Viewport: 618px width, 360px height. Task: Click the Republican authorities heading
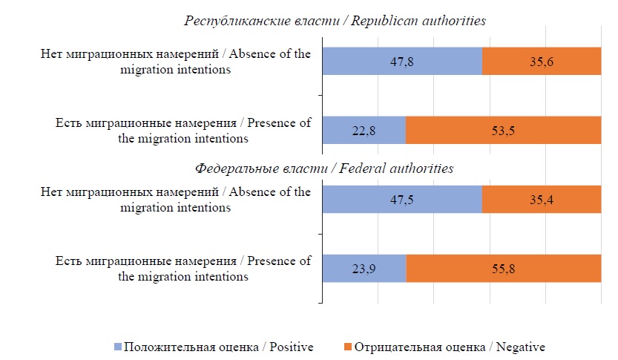(335, 21)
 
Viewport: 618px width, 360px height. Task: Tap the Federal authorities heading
(324, 168)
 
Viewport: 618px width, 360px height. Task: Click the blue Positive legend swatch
(117, 347)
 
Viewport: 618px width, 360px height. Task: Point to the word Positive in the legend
(290, 347)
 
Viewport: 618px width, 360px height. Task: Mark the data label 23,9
(364, 268)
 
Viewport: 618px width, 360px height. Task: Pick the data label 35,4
(541, 199)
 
